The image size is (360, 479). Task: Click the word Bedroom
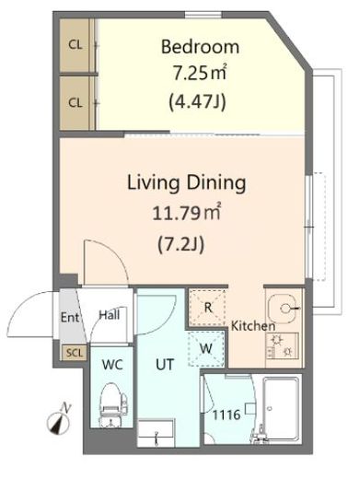[x=200, y=47]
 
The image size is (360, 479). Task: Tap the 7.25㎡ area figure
[x=200, y=73]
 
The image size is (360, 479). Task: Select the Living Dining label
[x=187, y=183]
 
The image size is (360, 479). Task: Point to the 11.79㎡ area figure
[x=187, y=213]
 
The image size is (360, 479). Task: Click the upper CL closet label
[x=75, y=45]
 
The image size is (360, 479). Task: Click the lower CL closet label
[x=75, y=102]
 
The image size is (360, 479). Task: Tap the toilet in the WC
[x=112, y=404]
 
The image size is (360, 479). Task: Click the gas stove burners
[x=282, y=345]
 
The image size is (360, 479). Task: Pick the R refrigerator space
[x=208, y=308]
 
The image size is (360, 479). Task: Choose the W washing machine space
[x=206, y=349]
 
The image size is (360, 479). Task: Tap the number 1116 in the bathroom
[x=226, y=415]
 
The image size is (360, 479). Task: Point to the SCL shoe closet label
[x=75, y=353]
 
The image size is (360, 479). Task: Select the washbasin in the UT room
[x=156, y=434]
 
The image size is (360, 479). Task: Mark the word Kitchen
[x=253, y=326]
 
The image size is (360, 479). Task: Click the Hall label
[x=110, y=315]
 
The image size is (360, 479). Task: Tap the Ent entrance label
[x=70, y=318]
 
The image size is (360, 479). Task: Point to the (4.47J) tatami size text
[x=197, y=101]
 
